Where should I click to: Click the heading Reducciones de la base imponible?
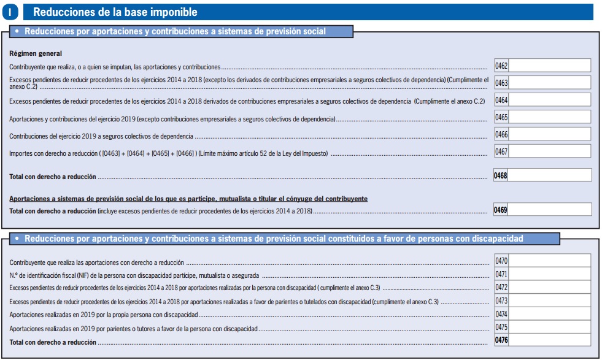(115, 12)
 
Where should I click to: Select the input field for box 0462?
(549, 66)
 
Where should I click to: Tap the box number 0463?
(501, 83)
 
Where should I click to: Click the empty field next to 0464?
(549, 100)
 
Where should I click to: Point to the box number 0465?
(501, 117)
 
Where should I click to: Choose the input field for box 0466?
(549, 134)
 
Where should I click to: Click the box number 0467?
(501, 151)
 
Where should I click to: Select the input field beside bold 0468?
(549, 175)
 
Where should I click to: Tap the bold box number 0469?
(501, 210)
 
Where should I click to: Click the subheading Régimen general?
(36, 53)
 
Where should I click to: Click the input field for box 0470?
(549, 261)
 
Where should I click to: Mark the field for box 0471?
(549, 275)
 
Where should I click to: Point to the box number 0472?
(501, 288)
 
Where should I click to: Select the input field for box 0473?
(549, 301)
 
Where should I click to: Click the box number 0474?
(501, 314)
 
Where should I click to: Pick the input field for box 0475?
(549, 327)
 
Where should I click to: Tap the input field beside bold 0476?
(549, 340)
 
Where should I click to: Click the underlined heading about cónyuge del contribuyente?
(188, 199)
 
